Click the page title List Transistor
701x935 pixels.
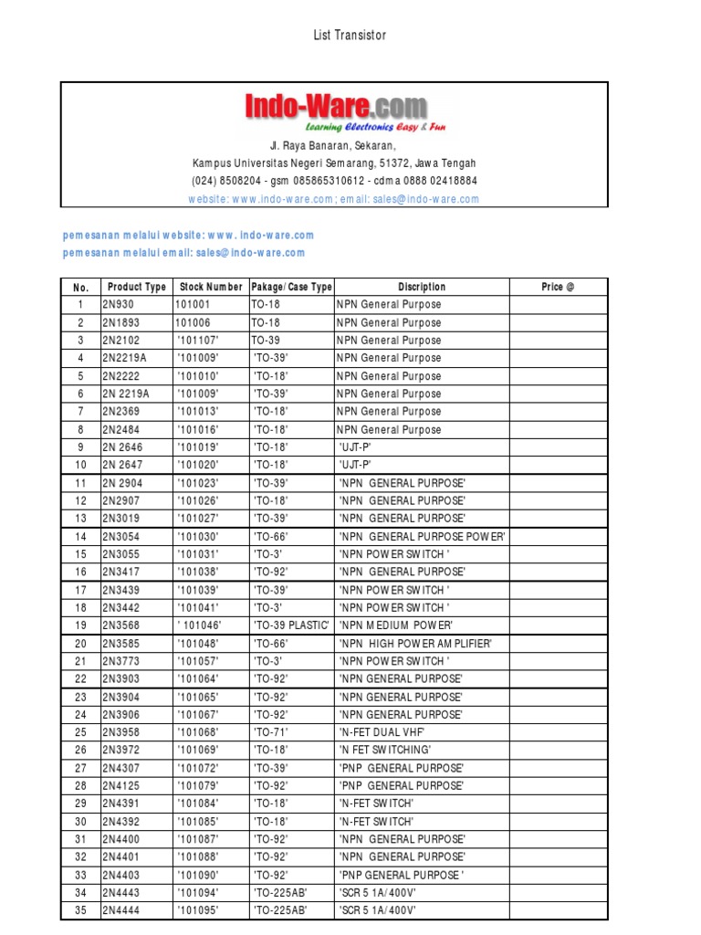pyautogui.click(x=350, y=36)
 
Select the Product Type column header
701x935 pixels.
pyautogui.click(x=136, y=287)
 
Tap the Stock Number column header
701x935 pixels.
pyautogui.click(x=211, y=287)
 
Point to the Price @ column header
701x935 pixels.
pyautogui.click(x=558, y=287)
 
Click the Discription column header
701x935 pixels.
pyautogui.click(x=422, y=287)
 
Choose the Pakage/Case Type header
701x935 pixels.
pyautogui.click(x=291, y=287)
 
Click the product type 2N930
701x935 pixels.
pyautogui.click(x=118, y=305)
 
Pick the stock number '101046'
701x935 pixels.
pyautogui.click(x=200, y=625)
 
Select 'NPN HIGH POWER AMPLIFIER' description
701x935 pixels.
pyautogui.click(x=415, y=644)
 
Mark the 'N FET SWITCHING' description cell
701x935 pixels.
pyautogui.click(x=384, y=750)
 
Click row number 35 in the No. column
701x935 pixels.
pyautogui.click(x=80, y=910)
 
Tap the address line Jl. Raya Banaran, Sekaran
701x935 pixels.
pyautogui.click(x=333, y=146)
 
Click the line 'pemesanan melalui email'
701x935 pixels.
pyautogui.click(x=183, y=253)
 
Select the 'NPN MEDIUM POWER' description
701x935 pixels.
pyautogui.click(x=396, y=625)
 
